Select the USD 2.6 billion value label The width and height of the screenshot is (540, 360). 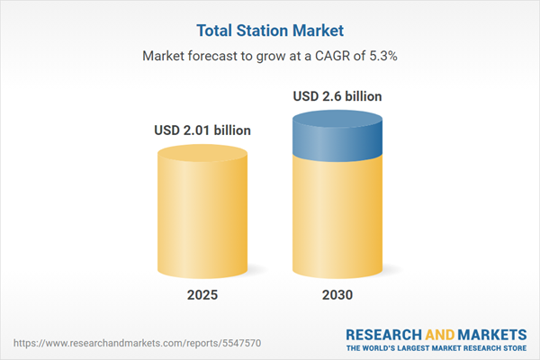337,95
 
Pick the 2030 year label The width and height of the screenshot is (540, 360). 337,295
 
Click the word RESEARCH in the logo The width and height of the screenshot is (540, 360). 384,332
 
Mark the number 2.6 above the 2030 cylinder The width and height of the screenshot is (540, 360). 333,95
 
